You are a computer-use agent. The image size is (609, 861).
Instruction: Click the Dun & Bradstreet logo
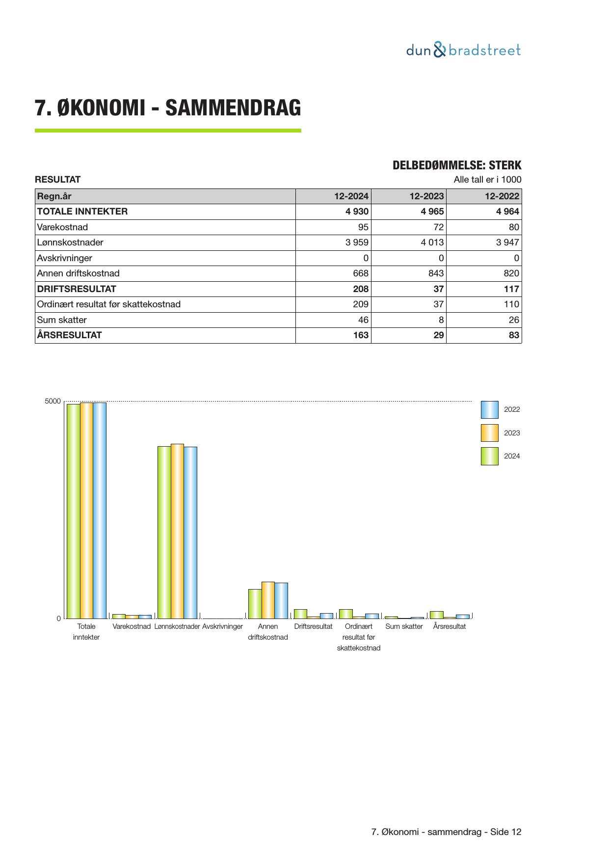point(463,50)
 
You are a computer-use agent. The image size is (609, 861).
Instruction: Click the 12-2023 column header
point(426,196)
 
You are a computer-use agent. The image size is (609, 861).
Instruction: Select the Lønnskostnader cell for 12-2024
point(357,242)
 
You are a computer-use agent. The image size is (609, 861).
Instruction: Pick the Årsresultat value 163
point(361,335)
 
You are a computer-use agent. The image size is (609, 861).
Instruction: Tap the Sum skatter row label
point(62,320)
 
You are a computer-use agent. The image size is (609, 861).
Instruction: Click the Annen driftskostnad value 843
point(436,273)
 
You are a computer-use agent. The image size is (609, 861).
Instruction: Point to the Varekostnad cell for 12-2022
point(514,227)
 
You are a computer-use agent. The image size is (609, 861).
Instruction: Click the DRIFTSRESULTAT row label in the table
point(77,289)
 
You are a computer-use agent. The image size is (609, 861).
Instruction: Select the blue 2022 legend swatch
point(489,409)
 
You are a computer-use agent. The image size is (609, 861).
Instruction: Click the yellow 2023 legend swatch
point(489,433)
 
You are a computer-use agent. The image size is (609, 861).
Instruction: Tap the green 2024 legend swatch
point(489,456)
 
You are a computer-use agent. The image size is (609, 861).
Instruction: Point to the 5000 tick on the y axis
point(53,402)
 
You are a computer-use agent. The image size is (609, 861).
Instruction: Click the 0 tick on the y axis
point(59,619)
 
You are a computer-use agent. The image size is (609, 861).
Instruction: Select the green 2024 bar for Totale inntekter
point(74,511)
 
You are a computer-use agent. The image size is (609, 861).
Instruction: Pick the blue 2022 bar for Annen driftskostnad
point(281,600)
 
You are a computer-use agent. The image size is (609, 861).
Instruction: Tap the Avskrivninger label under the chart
point(222,627)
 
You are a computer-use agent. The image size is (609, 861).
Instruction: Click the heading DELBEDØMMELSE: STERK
point(457,165)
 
